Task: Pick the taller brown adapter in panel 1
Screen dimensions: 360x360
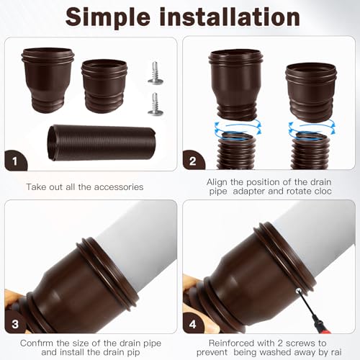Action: click(48, 80)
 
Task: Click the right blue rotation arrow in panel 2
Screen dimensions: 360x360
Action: click(312, 127)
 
